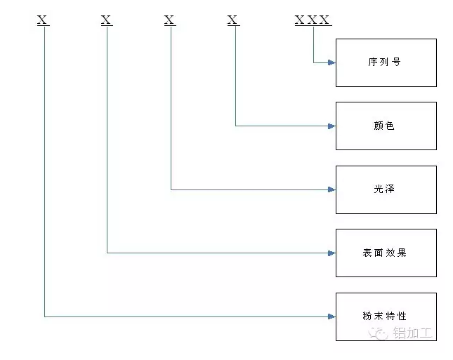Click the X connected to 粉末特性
pos(43,20)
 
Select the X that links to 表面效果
pos(106,20)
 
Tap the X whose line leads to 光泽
pos(169,20)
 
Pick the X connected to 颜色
pos(233,20)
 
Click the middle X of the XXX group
pos(312,20)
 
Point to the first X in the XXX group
pos(300,20)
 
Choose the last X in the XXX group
pos(324,20)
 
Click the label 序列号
pos(384,62)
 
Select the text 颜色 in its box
pos(384,126)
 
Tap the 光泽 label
pos(384,189)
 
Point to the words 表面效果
pos(384,253)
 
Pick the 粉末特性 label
pos(384,316)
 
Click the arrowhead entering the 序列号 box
pos(332,62)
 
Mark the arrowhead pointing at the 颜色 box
pos(332,126)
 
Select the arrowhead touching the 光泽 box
pos(332,189)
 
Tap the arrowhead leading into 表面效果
pos(332,253)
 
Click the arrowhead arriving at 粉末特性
pos(332,316)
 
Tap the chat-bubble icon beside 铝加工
pos(381,335)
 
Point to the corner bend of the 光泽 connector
pos(171,189)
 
